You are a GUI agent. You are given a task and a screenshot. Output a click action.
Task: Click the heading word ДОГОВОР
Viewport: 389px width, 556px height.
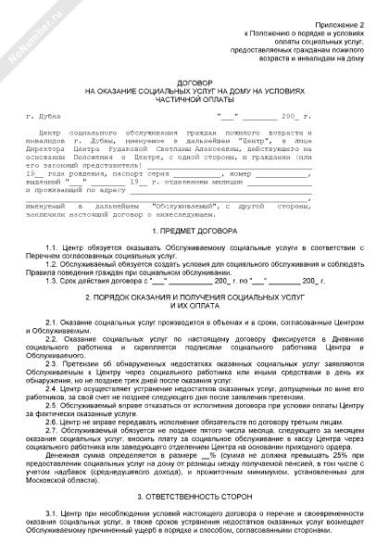194,82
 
